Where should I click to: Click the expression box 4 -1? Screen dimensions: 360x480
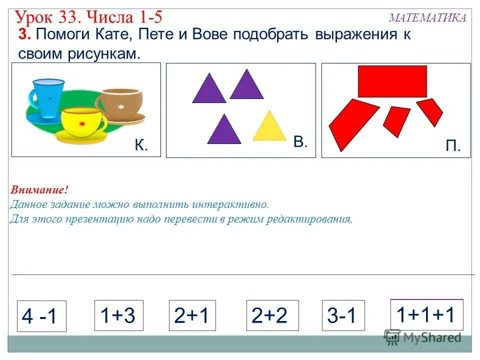(x=41, y=316)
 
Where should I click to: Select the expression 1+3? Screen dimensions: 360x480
(x=118, y=315)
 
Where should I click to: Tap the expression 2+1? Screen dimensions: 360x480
(x=192, y=315)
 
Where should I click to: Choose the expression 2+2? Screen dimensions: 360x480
(x=272, y=315)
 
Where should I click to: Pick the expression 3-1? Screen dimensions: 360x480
(x=343, y=315)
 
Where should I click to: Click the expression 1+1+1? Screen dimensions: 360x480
(x=426, y=315)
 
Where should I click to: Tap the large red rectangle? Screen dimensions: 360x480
(x=392, y=81)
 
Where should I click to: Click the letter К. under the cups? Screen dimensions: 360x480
(x=141, y=145)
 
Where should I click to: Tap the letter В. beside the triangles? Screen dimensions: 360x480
(x=300, y=141)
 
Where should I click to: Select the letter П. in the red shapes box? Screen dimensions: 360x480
(x=452, y=145)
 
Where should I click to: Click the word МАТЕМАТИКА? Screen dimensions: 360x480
(x=427, y=18)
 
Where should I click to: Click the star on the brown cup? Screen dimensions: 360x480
(x=120, y=106)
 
